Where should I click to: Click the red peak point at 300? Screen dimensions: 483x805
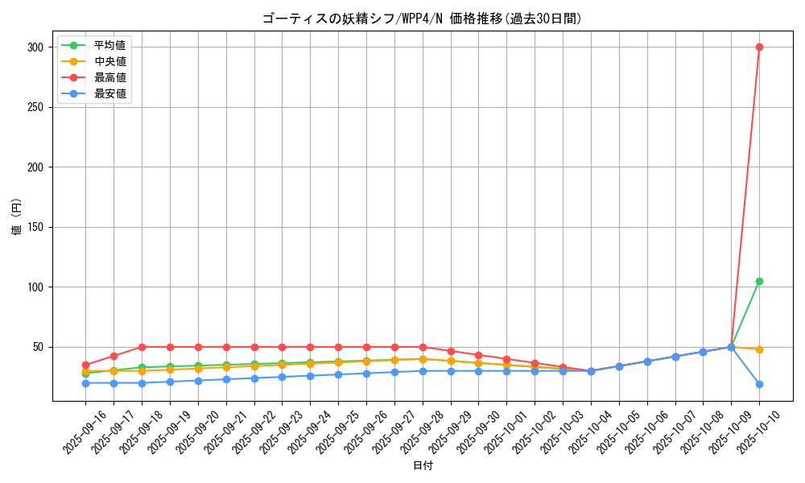point(759,47)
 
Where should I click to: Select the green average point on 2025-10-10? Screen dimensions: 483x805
point(759,281)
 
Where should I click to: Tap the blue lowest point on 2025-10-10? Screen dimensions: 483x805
point(759,384)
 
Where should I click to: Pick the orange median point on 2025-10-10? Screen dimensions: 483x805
point(759,349)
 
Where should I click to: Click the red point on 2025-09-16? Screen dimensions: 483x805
point(85,365)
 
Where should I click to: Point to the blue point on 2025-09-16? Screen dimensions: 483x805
point(85,383)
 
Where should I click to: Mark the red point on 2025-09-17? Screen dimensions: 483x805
point(114,356)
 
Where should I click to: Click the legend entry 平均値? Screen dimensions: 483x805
point(109,45)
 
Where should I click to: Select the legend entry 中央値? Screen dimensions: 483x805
point(109,61)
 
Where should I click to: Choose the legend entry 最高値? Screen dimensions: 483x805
point(109,77)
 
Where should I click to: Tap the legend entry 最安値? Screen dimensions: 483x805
point(109,93)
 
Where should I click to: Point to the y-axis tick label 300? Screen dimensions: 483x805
point(34,47)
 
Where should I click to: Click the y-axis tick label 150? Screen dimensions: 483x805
point(34,227)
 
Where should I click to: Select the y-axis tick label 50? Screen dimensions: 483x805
point(37,347)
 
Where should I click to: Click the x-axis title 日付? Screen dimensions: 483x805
point(423,466)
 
